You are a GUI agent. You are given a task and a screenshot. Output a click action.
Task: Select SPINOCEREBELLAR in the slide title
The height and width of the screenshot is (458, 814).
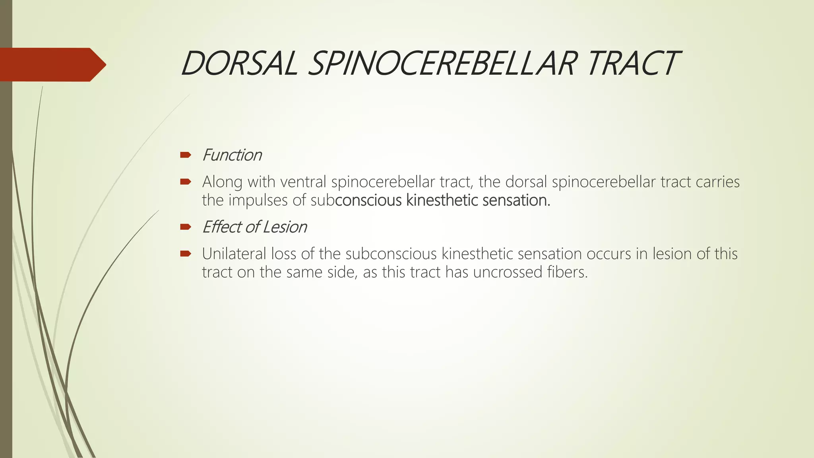click(441, 64)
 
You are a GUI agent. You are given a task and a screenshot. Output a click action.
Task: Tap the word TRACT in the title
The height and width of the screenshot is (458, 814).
click(632, 64)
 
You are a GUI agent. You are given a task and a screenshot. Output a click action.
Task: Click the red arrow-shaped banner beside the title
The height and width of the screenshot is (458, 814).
click(52, 64)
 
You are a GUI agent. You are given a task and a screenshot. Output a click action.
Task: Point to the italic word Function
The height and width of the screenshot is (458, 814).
click(232, 155)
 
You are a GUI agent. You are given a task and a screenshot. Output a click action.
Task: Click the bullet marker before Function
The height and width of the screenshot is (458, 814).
click(186, 155)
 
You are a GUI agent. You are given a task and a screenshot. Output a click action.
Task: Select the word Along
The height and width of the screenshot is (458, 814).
click(222, 182)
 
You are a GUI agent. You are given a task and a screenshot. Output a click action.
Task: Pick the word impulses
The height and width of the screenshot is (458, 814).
click(258, 200)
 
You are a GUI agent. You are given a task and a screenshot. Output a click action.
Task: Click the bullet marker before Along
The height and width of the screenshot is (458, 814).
click(186, 182)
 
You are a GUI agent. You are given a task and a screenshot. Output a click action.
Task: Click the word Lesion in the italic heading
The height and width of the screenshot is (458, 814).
click(285, 227)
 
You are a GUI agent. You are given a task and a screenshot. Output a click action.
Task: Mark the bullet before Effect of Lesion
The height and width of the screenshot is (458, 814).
click(186, 227)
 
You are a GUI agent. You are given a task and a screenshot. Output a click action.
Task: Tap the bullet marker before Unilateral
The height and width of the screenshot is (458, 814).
click(186, 254)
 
